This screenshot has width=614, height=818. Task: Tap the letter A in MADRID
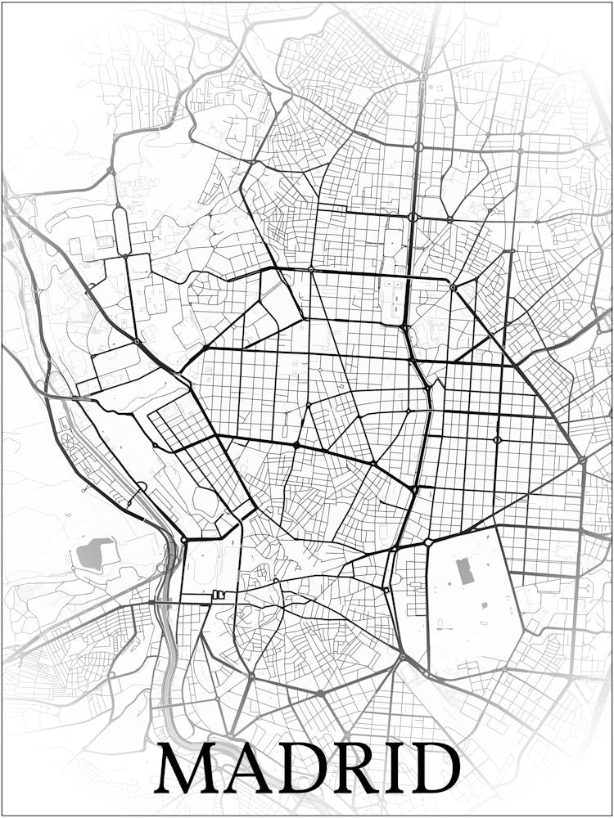247,768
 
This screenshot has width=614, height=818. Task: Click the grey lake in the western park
95,553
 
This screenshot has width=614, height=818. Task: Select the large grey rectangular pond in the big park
465,570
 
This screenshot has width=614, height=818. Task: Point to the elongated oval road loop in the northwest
121,230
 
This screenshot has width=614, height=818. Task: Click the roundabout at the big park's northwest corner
428,542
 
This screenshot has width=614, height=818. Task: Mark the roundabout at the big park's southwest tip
402,656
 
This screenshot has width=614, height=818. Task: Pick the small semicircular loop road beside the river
141,488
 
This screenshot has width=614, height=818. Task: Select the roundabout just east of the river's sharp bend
184,540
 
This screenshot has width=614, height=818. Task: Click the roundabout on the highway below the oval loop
137,340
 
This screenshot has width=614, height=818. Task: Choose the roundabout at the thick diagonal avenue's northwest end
453,287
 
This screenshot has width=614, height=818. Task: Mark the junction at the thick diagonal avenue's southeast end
582,460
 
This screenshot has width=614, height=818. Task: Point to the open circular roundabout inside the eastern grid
497,439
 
